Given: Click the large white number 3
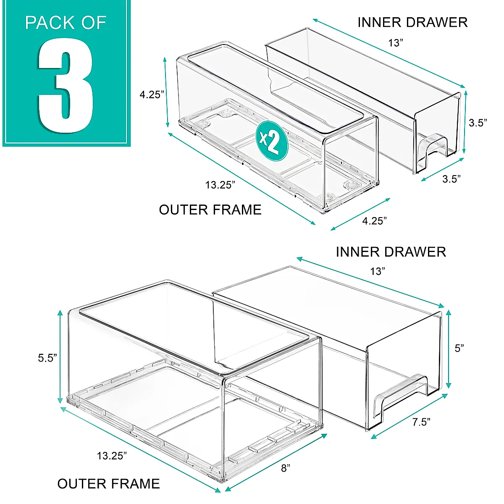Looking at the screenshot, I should [66, 86].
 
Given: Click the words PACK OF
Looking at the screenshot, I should [66, 23].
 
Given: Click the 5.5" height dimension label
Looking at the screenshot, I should [47, 358].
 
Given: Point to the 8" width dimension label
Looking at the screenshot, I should [286, 468].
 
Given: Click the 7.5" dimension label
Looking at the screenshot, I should [421, 422].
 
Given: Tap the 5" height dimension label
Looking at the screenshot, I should [459, 348].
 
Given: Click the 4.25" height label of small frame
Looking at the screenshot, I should [152, 94].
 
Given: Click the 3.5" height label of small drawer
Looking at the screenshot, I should [478, 123].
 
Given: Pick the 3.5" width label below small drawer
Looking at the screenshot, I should [451, 179].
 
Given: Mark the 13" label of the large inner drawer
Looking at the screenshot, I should [378, 271].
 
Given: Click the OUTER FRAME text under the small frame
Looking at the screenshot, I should [210, 210].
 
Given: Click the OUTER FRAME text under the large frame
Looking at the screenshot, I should [108, 483].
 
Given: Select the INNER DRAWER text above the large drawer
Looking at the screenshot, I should [391, 252].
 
